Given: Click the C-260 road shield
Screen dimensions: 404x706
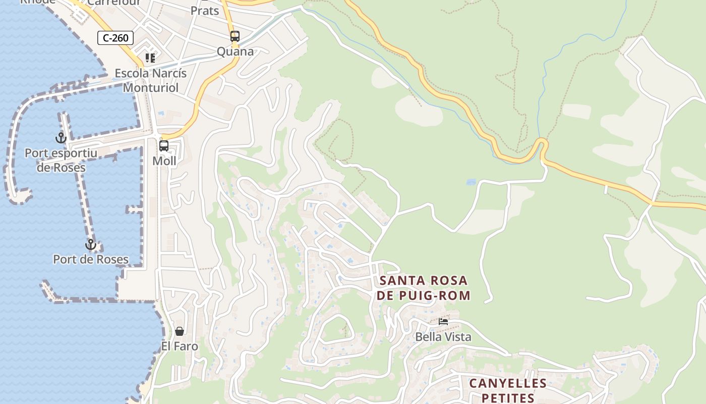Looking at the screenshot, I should pos(115,37).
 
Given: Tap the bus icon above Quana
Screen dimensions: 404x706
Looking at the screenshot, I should pos(235,36).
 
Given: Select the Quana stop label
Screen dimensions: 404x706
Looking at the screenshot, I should pos(235,52).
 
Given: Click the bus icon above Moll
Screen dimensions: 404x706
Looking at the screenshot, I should pos(164,146).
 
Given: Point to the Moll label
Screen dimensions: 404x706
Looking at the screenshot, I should pos(164,161).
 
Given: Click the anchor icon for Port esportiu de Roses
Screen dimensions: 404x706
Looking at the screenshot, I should pos(61,137).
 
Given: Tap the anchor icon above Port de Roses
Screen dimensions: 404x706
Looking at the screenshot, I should pos(91,244).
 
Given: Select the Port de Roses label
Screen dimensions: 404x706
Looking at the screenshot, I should pos(91,260).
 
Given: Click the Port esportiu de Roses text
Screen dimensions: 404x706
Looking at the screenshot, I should pos(61,160).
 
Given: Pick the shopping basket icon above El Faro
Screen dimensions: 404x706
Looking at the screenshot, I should pos(180,331).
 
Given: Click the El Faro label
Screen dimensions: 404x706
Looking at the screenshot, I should pos(180,346).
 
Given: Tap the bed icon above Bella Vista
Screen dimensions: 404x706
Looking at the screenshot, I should pos(443,321).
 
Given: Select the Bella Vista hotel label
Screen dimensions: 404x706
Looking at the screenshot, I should pos(443,337).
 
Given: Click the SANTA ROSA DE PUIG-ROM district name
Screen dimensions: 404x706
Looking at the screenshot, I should pos(424,288).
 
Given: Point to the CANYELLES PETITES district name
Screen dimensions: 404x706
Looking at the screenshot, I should pos(508,390).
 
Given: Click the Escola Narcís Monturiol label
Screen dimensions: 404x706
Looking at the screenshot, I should pos(151,80).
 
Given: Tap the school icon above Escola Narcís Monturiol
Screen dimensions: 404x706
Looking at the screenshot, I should pos(150,58).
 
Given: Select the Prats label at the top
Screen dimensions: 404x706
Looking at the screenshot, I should pos(205,10).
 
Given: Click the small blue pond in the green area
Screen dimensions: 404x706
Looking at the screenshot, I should pos(471,182).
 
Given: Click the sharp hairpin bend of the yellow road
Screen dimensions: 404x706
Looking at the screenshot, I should pos(542,144).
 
